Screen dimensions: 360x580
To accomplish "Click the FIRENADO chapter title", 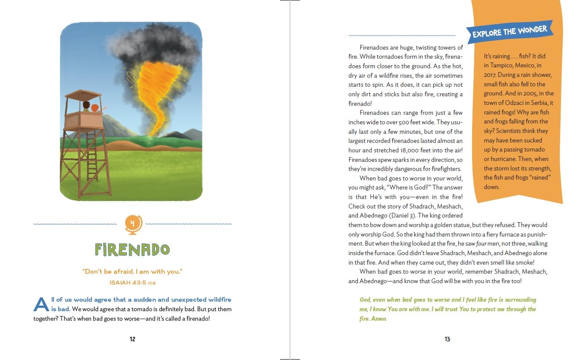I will coord(132,249).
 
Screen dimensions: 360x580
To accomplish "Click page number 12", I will coord(132,339).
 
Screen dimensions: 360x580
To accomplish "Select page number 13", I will coord(448,339).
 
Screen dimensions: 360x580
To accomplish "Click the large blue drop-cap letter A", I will coord(41,304).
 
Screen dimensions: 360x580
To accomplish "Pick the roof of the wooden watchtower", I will coord(83,94).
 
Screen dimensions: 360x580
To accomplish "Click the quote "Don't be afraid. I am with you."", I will coord(132,272).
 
